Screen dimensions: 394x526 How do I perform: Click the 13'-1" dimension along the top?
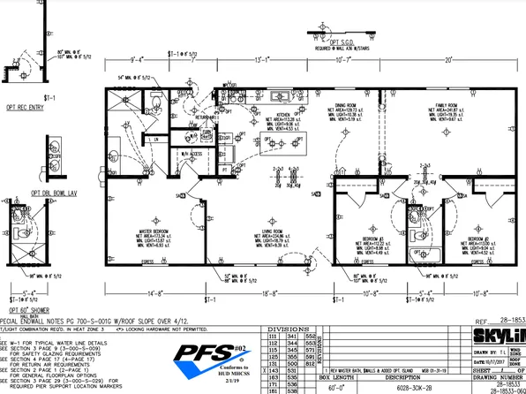[263, 60]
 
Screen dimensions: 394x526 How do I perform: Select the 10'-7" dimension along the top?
[348, 60]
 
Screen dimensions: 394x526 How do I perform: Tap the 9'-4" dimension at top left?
[135, 60]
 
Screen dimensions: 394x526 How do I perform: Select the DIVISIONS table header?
[283, 328]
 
